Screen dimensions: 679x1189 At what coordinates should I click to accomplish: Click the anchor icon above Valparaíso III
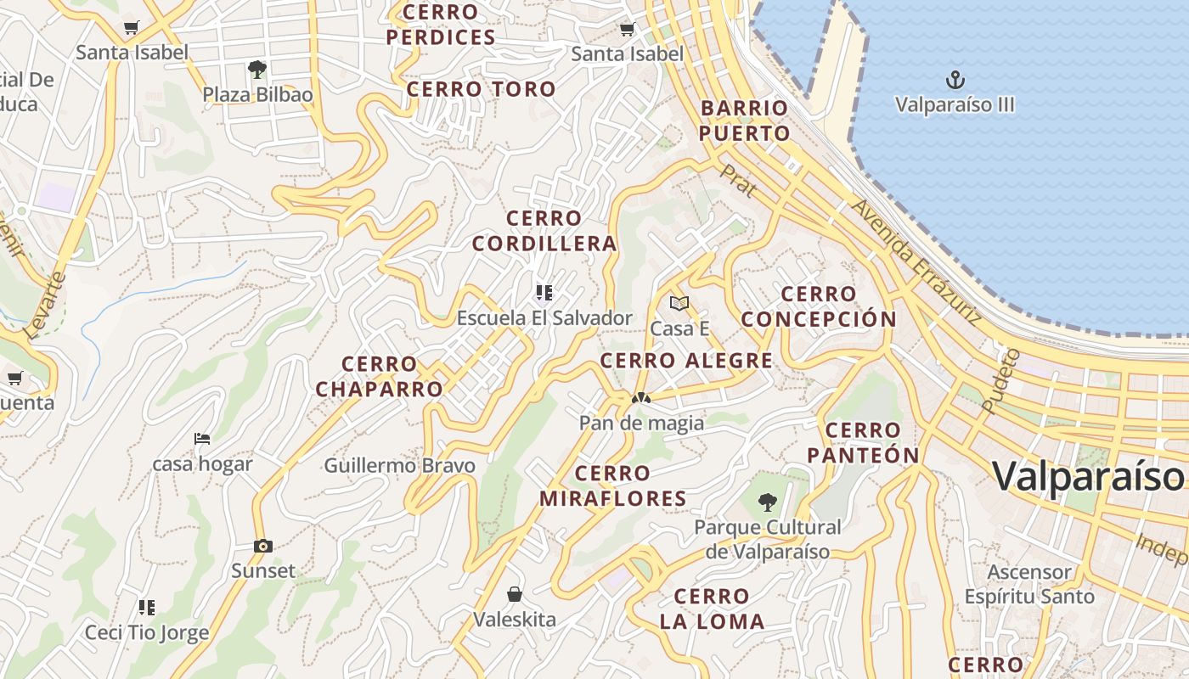(x=955, y=81)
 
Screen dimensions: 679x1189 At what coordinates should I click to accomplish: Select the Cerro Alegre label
(x=686, y=361)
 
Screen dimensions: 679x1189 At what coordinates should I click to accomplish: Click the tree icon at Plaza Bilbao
(x=257, y=69)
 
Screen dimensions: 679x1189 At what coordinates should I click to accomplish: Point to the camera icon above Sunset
(x=263, y=547)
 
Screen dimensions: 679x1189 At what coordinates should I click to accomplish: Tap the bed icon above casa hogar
(x=202, y=439)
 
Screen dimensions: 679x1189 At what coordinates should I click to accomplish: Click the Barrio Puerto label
(x=745, y=121)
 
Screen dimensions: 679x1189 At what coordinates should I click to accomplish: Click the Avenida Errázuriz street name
(x=916, y=262)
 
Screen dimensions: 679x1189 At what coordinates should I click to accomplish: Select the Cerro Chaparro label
(x=379, y=377)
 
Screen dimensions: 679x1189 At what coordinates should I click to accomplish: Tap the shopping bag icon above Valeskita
(x=514, y=593)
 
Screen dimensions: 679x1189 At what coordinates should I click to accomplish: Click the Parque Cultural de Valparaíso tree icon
(x=767, y=502)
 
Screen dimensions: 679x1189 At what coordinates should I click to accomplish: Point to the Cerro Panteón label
(x=863, y=443)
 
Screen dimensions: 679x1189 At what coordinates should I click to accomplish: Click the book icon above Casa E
(x=679, y=303)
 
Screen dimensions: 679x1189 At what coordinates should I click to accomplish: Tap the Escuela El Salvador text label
(x=544, y=318)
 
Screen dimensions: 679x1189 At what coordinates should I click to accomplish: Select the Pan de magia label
(x=641, y=423)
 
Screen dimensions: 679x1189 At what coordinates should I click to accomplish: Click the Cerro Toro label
(x=481, y=89)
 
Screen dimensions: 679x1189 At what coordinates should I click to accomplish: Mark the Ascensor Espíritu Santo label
(x=1029, y=585)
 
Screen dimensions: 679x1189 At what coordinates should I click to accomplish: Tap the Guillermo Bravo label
(x=399, y=466)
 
